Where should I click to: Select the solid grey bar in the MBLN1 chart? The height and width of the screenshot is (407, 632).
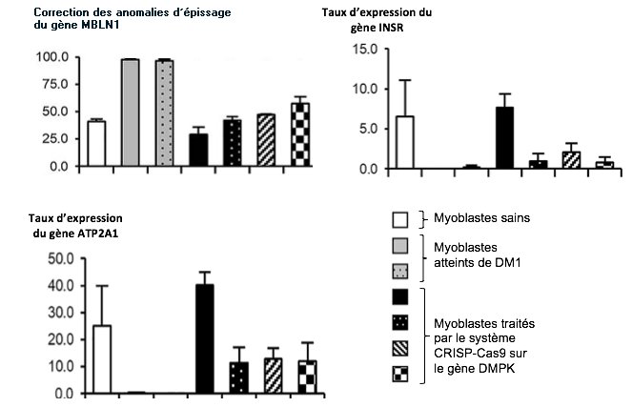130,112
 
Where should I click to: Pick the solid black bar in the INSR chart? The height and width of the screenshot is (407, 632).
504,137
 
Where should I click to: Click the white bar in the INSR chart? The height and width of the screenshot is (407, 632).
405,142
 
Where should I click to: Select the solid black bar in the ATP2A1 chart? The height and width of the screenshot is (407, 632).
205,338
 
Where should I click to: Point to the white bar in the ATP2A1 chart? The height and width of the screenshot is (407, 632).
102,358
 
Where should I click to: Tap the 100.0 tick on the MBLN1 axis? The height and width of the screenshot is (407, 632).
53,57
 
